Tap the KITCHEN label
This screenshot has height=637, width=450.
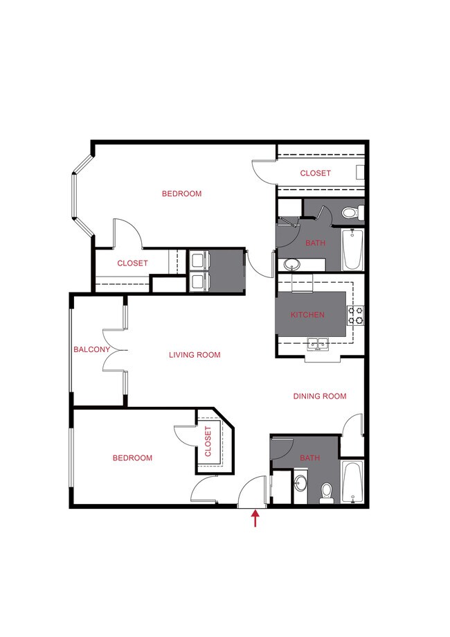click(307, 315)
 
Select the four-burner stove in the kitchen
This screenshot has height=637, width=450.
click(356, 315)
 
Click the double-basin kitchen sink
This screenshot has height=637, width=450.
click(318, 344)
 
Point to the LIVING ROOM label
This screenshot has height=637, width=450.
click(195, 355)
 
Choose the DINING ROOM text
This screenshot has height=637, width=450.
click(319, 396)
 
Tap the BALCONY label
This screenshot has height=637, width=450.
click(91, 350)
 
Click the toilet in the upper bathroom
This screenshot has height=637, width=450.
click(351, 212)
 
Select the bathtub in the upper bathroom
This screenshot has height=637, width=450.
click(352, 250)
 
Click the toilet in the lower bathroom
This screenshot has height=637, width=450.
click(328, 491)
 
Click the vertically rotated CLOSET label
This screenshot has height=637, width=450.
click(208, 442)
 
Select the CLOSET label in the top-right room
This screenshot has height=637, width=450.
click(315, 173)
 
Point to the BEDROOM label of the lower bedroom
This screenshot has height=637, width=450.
click(132, 458)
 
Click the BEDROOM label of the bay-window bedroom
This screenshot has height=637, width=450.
click(181, 193)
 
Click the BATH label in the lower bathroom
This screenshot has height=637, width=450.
click(310, 458)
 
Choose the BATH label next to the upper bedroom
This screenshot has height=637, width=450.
click(315, 243)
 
